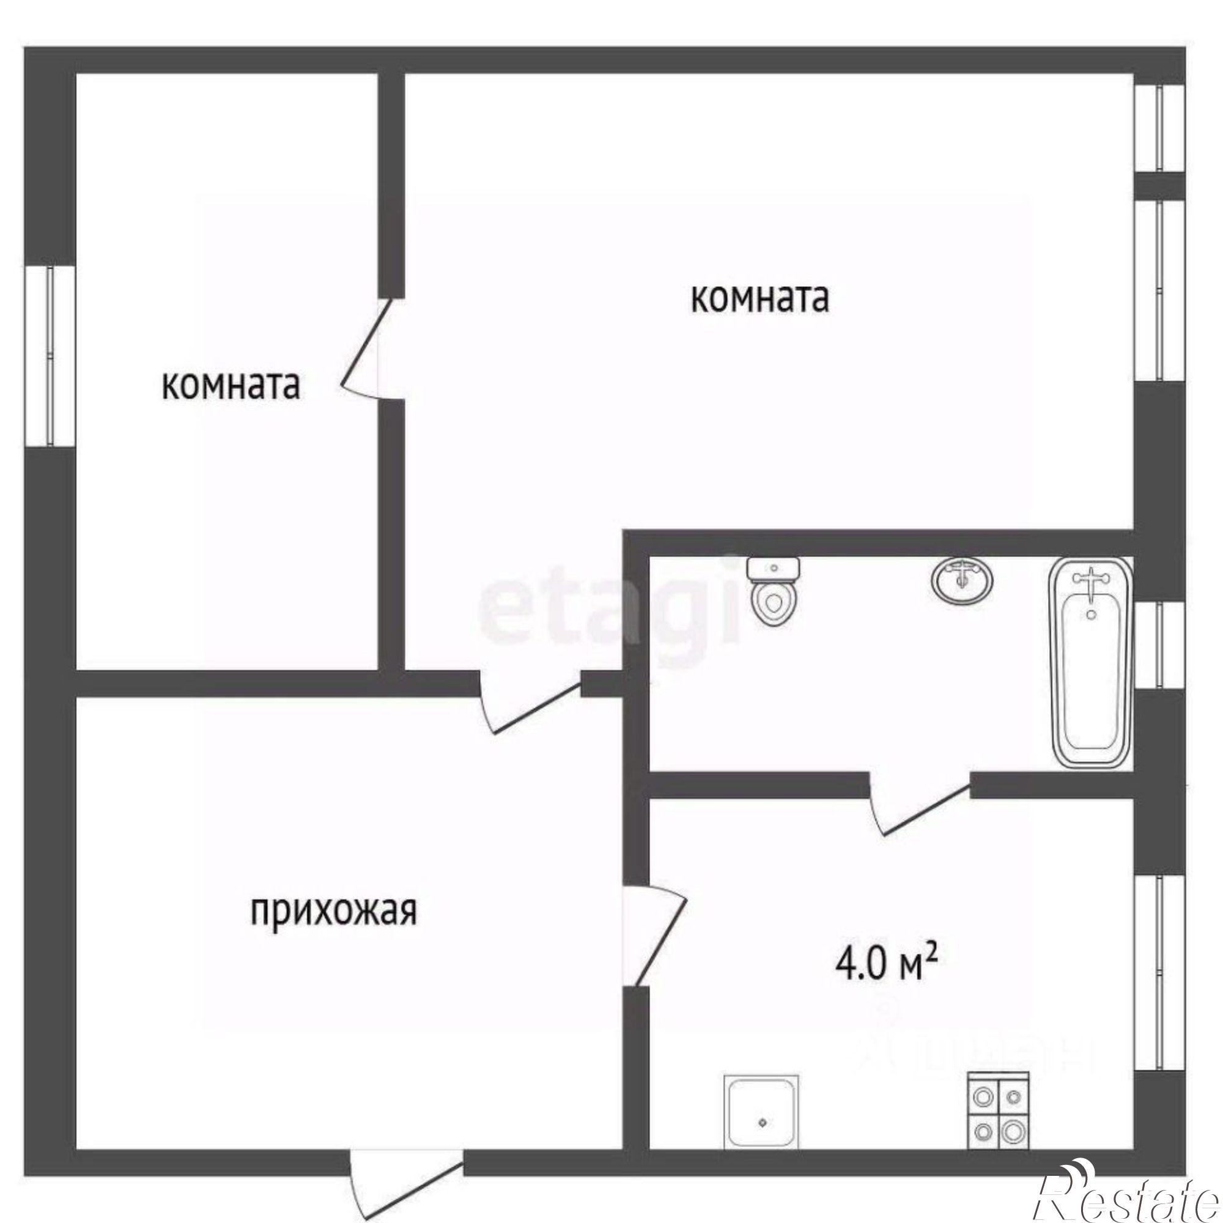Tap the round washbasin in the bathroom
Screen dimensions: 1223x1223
pos(961,579)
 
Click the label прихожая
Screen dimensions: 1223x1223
pos(334,912)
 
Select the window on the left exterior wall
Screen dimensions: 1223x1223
pos(50,357)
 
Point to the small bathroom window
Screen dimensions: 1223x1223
pos(1159,645)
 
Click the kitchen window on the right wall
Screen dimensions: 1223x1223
pos(1159,972)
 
